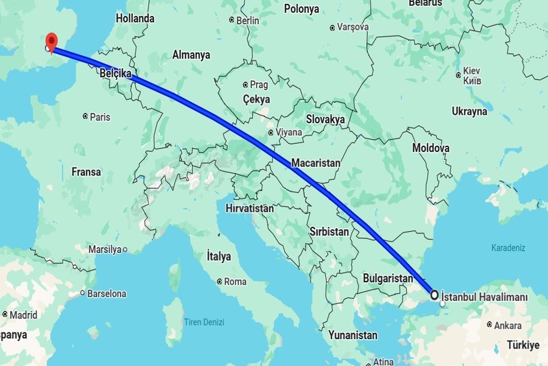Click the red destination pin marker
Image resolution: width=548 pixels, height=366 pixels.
click(52, 41)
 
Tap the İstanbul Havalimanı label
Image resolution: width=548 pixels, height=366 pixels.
click(483, 295)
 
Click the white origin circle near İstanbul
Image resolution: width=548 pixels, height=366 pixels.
click(435, 295)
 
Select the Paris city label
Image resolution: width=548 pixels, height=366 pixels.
click(99, 117)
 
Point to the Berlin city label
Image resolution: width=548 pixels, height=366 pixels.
click(247, 20)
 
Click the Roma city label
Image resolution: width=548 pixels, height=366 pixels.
click(235, 282)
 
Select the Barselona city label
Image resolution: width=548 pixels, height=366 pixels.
click(107, 293)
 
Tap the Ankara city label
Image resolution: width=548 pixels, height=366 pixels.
click(507, 326)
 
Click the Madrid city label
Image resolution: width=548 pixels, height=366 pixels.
click(23, 315)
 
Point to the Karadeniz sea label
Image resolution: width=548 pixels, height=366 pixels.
click(508, 248)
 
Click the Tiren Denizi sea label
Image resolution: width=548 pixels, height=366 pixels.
click(204, 322)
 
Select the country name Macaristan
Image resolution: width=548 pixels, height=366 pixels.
click(315, 163)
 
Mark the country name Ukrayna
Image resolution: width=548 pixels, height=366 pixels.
click(469, 112)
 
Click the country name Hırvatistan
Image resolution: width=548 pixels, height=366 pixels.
click(250, 208)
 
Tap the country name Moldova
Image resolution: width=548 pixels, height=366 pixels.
click(430, 148)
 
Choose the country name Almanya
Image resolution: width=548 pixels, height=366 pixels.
click(191, 55)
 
